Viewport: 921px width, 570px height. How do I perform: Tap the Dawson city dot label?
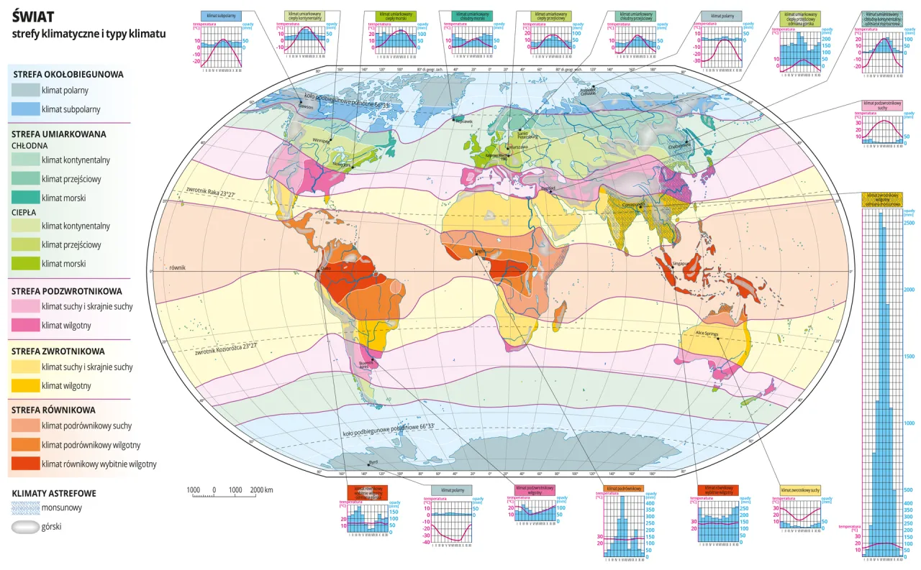[306, 107]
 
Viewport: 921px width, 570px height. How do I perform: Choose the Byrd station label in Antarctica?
[372, 461]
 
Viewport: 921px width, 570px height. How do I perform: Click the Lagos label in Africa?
[480, 251]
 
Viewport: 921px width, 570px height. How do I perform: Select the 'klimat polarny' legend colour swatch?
[24, 90]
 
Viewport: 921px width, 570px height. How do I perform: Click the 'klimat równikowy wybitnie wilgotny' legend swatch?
[24, 464]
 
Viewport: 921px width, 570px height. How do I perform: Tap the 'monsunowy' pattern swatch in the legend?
[24, 507]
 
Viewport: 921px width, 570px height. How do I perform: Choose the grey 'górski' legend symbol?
[24, 527]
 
